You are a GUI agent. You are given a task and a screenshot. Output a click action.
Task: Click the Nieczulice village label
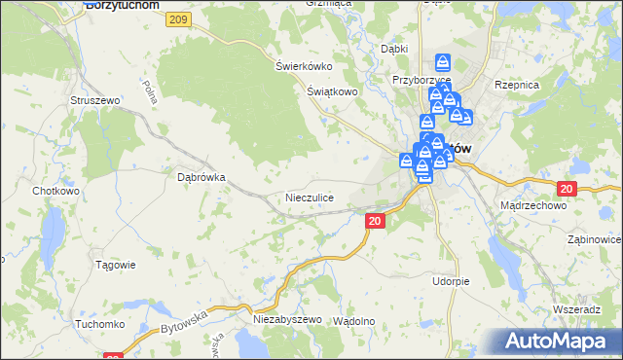click(311, 198)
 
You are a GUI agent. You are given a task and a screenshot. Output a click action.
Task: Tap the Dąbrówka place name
click(202, 178)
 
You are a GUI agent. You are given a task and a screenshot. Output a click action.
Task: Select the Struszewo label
click(94, 100)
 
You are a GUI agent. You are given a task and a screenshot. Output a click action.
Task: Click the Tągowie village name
click(115, 265)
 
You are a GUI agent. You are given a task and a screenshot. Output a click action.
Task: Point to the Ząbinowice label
click(593, 238)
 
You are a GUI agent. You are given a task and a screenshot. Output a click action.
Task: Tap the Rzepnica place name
click(517, 86)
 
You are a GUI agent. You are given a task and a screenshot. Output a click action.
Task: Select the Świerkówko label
click(304, 66)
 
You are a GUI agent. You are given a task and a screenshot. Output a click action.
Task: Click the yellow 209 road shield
click(177, 19)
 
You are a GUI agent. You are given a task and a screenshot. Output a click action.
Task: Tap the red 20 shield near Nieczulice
click(376, 222)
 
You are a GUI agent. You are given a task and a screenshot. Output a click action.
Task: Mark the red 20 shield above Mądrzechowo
click(568, 188)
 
